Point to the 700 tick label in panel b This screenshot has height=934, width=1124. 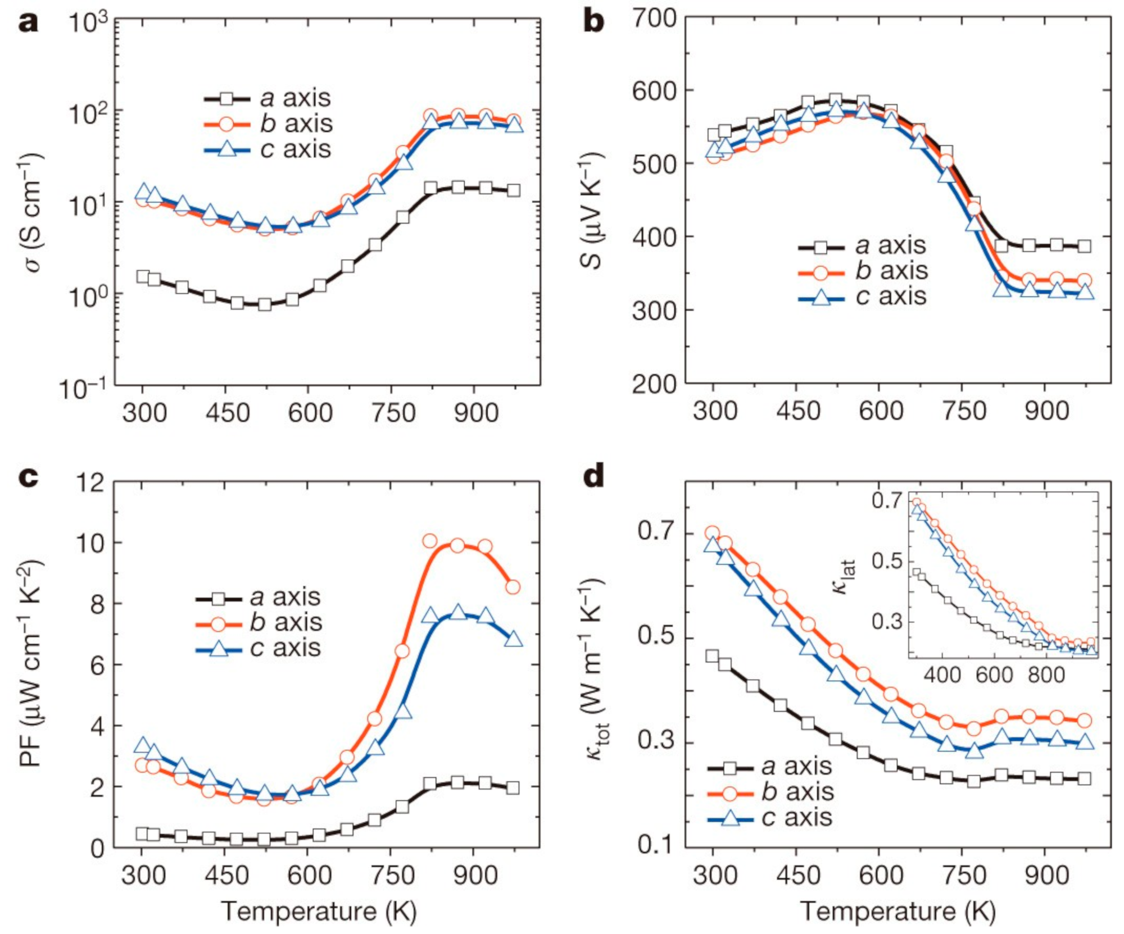click(655, 18)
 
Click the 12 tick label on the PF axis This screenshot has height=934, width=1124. click(90, 481)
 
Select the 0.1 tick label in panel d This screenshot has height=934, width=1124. click(655, 845)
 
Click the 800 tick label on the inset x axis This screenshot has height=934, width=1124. click(1046, 675)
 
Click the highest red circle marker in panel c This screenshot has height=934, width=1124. click(430, 541)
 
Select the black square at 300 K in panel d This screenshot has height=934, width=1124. click(712, 656)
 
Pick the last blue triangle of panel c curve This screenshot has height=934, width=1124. click(513, 640)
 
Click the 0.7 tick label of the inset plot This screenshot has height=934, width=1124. click(886, 500)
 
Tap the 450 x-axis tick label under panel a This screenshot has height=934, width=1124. click(227, 413)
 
